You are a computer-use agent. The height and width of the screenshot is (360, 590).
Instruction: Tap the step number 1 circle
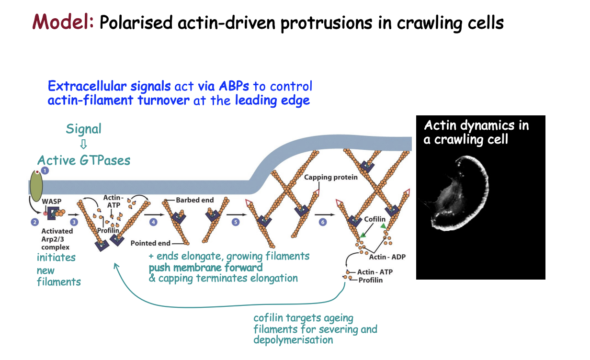(x=45, y=170)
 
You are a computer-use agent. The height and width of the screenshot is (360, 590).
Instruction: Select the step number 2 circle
(x=34, y=222)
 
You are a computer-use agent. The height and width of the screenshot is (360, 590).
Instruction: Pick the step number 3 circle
(x=74, y=222)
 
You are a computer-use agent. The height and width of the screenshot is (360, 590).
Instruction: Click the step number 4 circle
(x=153, y=222)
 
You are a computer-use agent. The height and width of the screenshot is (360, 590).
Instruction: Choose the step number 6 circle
(x=322, y=222)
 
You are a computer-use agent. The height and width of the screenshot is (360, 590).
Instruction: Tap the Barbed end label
(x=194, y=200)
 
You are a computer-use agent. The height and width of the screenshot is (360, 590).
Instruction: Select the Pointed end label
(x=150, y=243)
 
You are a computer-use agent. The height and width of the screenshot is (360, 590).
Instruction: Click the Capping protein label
(x=331, y=178)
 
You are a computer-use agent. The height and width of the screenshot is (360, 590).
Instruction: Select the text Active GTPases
(x=84, y=160)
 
